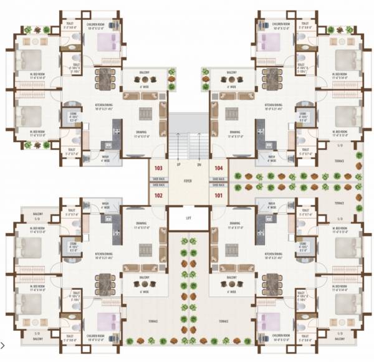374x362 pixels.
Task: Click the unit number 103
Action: [x=158, y=169]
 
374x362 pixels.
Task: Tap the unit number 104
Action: [x=219, y=169]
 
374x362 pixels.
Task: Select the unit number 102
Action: [x=158, y=195]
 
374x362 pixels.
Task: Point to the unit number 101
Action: [x=219, y=195]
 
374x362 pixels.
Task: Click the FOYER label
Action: [x=188, y=181]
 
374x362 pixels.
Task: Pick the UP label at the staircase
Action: [x=178, y=165]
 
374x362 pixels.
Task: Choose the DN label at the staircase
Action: [x=199, y=165]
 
